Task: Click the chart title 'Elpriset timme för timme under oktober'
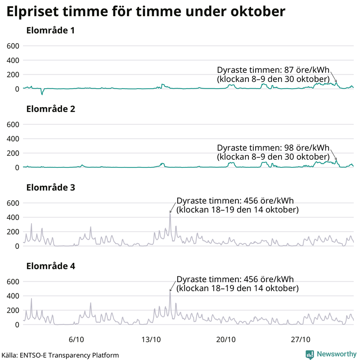[145, 12]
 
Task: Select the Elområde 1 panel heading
[50, 31]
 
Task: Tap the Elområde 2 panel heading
[50, 109]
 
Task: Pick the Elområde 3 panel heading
[50, 188]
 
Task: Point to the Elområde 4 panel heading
[50, 266]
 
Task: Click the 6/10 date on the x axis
[76, 338]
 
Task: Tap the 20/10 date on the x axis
[226, 338]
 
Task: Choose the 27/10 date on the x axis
[301, 338]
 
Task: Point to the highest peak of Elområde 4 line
[170, 292]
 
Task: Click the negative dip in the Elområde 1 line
[42, 94]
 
